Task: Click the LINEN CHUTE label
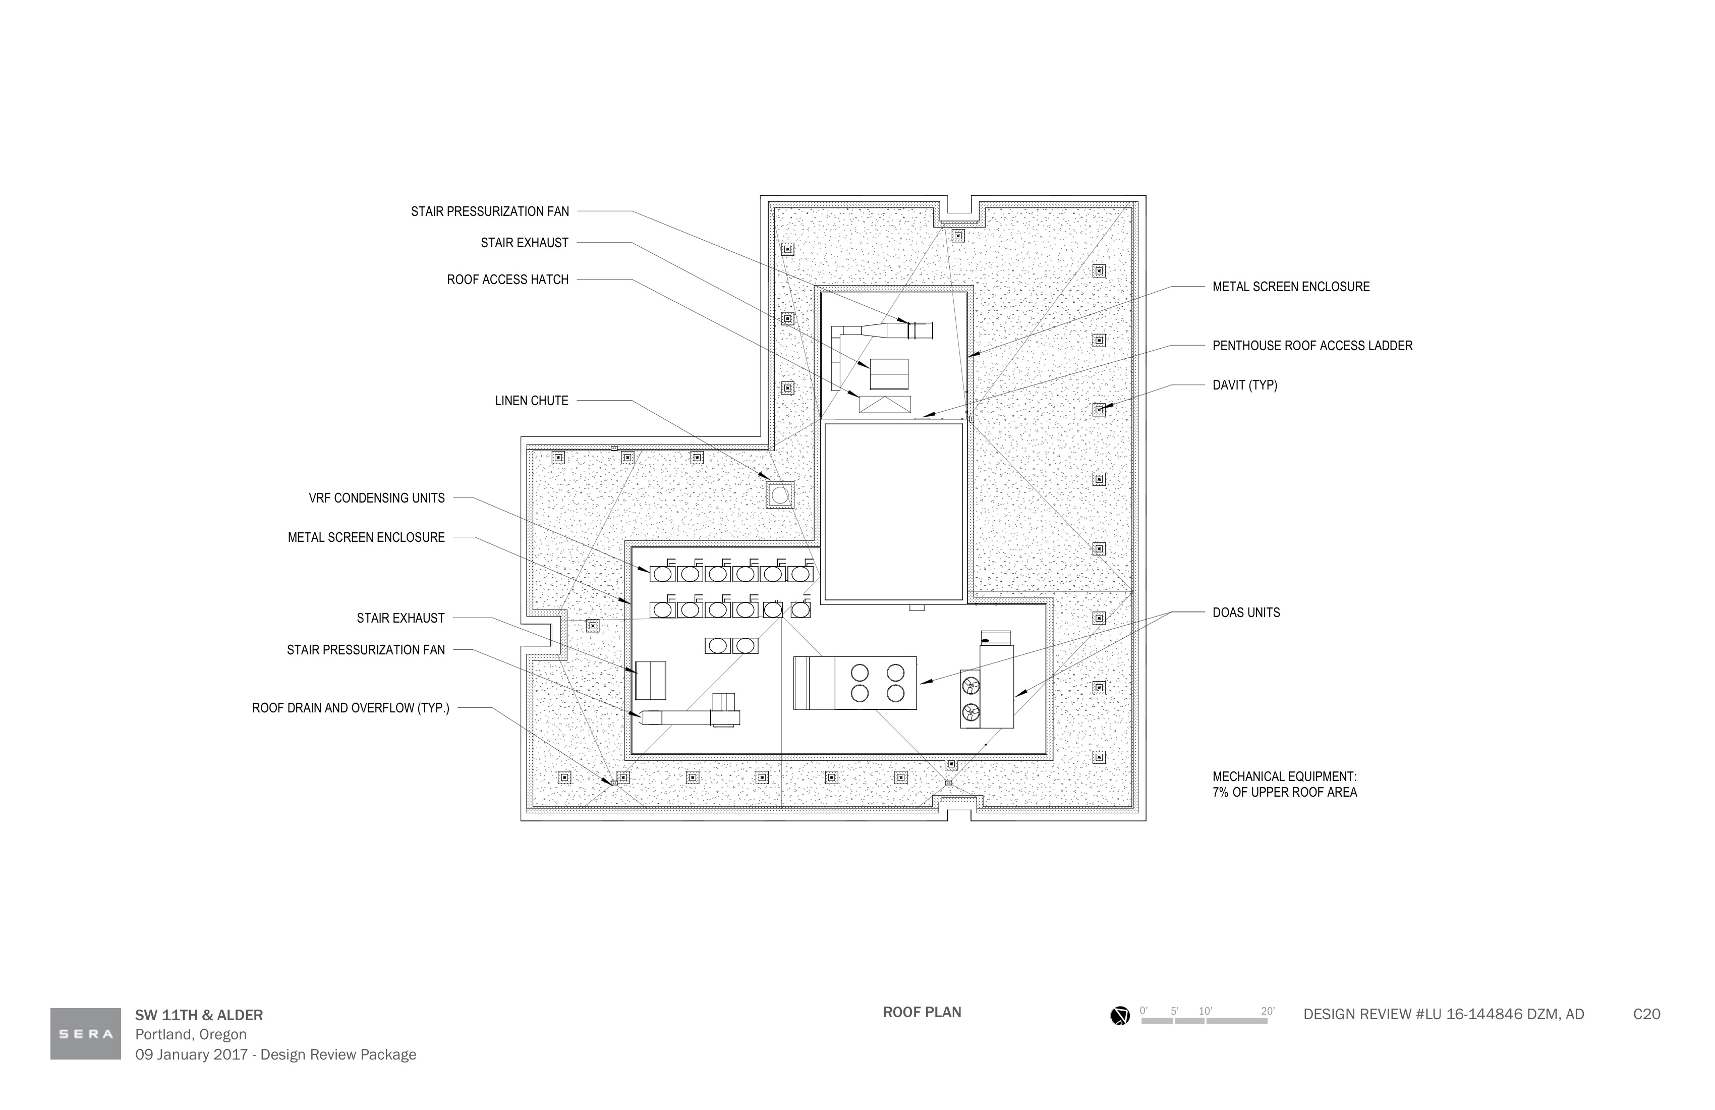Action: (x=531, y=401)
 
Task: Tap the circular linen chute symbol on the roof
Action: (x=780, y=495)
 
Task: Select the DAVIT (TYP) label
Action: (x=1244, y=385)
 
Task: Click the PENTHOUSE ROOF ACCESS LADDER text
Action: (x=1312, y=346)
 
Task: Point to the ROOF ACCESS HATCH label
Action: (x=507, y=280)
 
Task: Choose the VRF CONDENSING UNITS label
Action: (x=377, y=498)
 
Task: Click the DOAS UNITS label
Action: (x=1246, y=613)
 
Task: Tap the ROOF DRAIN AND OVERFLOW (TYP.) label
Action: (x=350, y=708)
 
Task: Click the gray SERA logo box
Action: (x=86, y=1034)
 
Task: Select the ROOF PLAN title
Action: (x=922, y=1012)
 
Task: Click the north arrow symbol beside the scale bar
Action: (x=1120, y=1016)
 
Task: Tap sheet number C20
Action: (x=1646, y=1014)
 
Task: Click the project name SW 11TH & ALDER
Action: (x=199, y=1015)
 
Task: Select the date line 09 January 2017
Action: (x=192, y=1054)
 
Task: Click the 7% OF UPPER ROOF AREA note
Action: (x=1284, y=792)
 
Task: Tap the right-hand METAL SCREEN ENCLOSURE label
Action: (x=1291, y=287)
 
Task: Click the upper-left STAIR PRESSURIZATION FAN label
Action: (x=490, y=212)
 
